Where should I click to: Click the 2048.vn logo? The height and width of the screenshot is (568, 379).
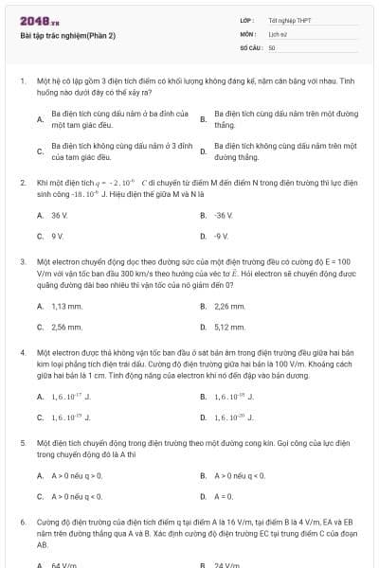(x=40, y=20)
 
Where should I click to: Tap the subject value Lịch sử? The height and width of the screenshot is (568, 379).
(x=278, y=32)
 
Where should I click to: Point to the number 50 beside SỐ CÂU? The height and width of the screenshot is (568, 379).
(x=272, y=46)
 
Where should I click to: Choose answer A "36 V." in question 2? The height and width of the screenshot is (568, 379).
(x=60, y=215)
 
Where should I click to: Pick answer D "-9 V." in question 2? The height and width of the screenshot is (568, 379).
(x=222, y=235)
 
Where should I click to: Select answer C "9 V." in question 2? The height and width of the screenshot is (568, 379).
(x=58, y=235)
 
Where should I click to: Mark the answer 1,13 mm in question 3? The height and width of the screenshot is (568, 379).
(x=67, y=307)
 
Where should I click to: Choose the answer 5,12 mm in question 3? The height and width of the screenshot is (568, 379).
(x=229, y=327)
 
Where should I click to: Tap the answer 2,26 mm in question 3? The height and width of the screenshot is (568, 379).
(x=229, y=307)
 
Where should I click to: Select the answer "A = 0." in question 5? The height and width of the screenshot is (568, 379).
(x=225, y=496)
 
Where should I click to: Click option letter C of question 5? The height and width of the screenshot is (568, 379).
(x=40, y=496)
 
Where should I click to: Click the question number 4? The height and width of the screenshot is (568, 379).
(x=22, y=352)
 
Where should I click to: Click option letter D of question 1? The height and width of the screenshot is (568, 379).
(x=203, y=151)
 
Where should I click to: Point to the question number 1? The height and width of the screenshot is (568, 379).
(x=22, y=82)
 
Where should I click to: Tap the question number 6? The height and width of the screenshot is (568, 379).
(x=22, y=522)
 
